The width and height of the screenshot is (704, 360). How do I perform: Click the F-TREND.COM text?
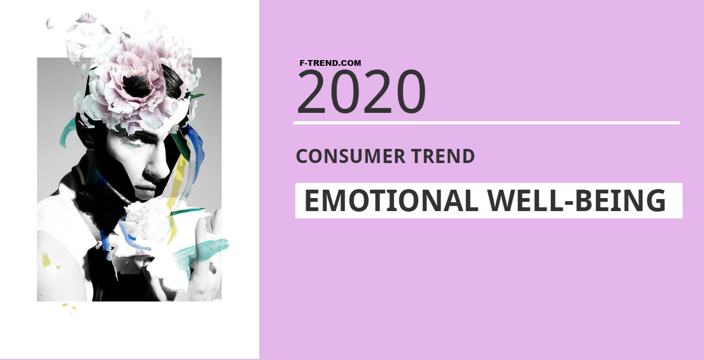pos(330,63)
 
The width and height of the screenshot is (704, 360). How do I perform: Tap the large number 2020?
pos(362,92)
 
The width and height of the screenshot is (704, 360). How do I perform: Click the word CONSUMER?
pos(351,156)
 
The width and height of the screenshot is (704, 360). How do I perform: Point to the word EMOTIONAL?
pos(391,201)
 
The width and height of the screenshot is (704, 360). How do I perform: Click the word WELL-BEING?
pos(576,201)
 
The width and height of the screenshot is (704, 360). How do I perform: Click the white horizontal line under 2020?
pos(487,123)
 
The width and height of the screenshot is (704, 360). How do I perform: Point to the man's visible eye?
pos(134,142)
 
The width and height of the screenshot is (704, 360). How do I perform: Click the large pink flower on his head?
pos(139,85)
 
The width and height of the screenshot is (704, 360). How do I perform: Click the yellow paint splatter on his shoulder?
pos(47,260)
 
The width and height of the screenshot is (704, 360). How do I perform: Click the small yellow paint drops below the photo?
pos(69,307)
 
